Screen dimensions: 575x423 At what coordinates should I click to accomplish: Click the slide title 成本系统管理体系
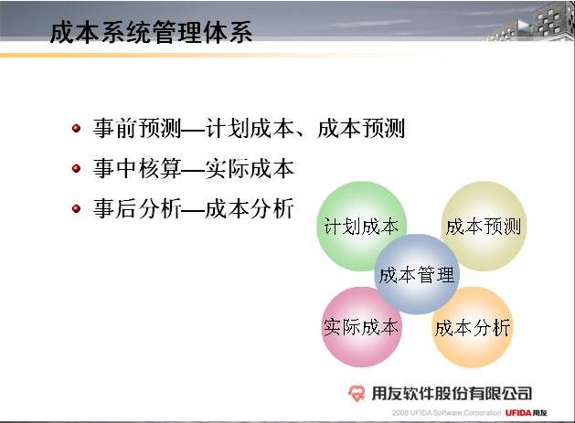click(x=151, y=32)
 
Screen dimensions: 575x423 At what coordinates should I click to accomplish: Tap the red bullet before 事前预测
click(x=76, y=128)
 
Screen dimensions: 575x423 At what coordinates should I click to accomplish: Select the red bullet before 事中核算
click(x=76, y=169)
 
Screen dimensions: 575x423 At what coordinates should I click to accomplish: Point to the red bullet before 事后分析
click(x=76, y=209)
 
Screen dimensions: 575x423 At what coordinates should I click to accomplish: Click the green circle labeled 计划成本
click(x=361, y=227)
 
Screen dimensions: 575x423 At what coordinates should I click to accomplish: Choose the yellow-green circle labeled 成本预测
click(x=484, y=227)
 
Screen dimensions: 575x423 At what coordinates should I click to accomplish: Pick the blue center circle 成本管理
click(x=417, y=274)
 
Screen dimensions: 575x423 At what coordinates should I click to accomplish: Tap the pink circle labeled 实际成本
click(x=362, y=327)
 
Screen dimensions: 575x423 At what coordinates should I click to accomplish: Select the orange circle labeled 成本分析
click(x=473, y=327)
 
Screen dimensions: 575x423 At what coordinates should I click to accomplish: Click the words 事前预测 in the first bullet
click(x=137, y=128)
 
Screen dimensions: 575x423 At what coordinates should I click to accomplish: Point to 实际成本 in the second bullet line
click(x=250, y=169)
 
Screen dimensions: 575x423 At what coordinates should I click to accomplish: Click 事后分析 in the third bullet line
click(x=137, y=209)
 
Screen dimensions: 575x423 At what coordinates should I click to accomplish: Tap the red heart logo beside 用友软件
click(x=357, y=394)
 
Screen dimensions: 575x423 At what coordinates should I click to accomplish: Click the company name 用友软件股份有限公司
click(x=452, y=394)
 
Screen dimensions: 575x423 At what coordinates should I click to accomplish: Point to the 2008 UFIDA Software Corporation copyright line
click(x=446, y=413)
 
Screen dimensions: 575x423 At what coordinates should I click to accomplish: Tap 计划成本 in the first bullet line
click(x=250, y=128)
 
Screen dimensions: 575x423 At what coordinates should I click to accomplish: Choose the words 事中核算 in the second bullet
click(x=137, y=169)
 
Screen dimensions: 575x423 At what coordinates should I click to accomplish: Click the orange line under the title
click(x=220, y=56)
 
